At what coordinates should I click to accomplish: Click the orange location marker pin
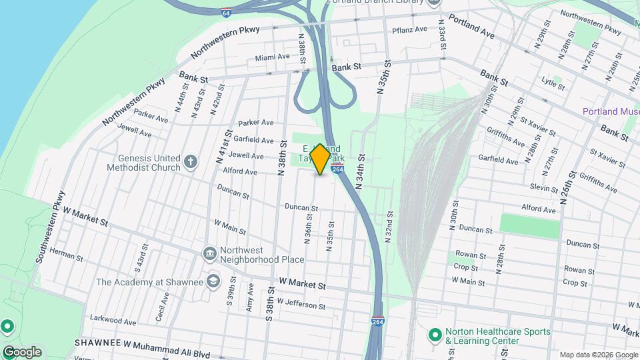coord(320,159)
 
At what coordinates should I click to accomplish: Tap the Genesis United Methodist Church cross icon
coord(191,161)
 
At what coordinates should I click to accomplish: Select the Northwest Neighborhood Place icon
coord(209,254)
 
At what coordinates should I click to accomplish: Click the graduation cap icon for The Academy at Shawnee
coord(213,281)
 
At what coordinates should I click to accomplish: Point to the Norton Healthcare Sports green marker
coord(435,335)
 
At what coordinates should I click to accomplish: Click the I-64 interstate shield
coord(227,12)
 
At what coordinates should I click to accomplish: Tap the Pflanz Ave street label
coord(409,29)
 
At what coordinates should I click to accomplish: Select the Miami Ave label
coord(273,58)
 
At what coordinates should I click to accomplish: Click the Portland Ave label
coord(471,27)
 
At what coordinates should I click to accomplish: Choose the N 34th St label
coord(361,171)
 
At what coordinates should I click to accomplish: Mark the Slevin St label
coord(545,189)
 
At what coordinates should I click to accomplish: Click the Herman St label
coord(62,254)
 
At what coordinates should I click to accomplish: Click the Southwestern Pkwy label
coord(51,227)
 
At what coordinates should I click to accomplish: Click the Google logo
coord(22,352)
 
